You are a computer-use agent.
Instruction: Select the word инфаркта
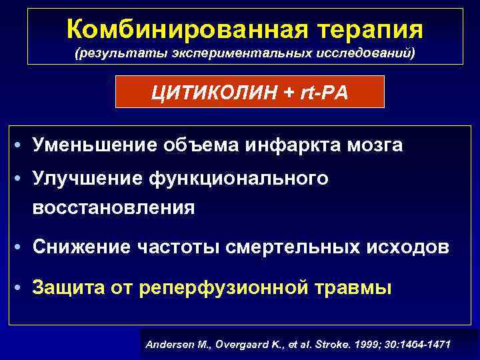click(x=289, y=145)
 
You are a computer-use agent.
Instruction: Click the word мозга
click(x=375, y=145)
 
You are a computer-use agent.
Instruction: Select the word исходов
click(x=411, y=247)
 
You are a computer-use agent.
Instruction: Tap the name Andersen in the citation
click(x=167, y=345)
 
